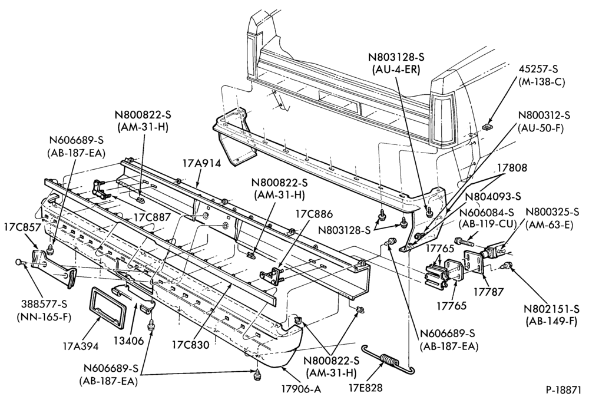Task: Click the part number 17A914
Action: pyautogui.click(x=201, y=163)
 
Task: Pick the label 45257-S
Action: pyautogui.click(x=538, y=69)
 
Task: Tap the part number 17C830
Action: pyautogui.click(x=190, y=345)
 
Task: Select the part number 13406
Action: pyautogui.click(x=129, y=341)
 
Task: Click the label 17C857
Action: pyautogui.click(x=22, y=227)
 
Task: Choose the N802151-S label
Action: pyautogui.click(x=551, y=309)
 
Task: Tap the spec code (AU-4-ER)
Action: pyautogui.click(x=396, y=70)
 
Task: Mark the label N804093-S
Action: pyautogui.click(x=493, y=197)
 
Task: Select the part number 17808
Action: pyautogui.click(x=512, y=168)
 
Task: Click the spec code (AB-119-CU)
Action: pyautogui.click(x=488, y=224)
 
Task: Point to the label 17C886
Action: pyautogui.click(x=314, y=214)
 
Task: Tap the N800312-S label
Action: pyautogui.click(x=544, y=115)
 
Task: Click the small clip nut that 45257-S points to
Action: pyautogui.click(x=488, y=127)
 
